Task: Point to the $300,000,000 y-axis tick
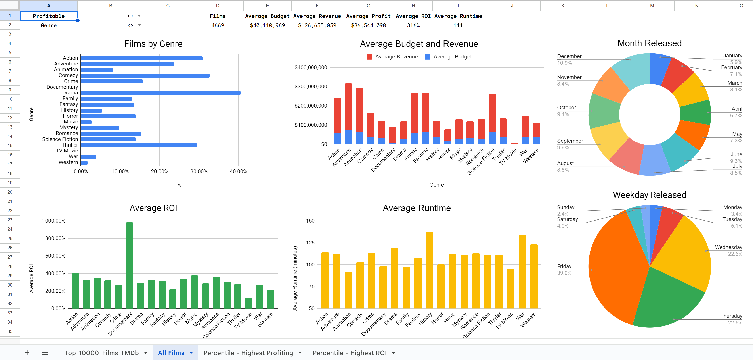tap(310, 87)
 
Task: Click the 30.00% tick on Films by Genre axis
tap(199, 171)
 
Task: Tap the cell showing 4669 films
tap(218, 25)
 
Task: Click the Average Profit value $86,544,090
tap(368, 25)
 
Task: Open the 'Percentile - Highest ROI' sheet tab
tap(349, 353)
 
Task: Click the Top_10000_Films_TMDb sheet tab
tap(102, 353)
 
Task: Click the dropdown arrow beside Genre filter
tap(139, 25)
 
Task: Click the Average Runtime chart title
tap(417, 208)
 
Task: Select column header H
tap(413, 6)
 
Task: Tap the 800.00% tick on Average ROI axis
tap(55, 238)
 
